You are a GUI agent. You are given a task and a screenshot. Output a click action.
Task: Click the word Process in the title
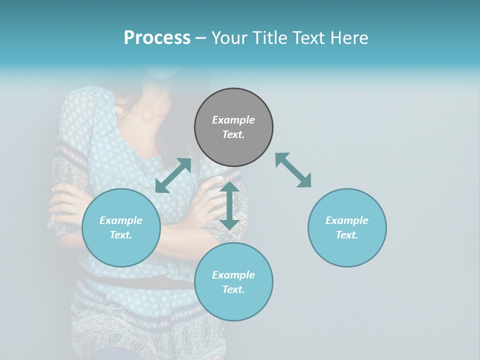(157, 38)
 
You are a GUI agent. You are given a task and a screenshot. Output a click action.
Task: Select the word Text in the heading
(308, 38)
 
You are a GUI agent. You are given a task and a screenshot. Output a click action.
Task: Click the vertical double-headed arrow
(229, 205)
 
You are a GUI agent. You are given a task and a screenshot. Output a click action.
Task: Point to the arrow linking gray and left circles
(173, 175)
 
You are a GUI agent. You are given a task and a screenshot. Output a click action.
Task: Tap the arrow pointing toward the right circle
(293, 170)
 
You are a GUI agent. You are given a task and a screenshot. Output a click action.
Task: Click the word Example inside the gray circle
(233, 120)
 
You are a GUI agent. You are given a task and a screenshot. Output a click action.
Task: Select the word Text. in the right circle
(347, 235)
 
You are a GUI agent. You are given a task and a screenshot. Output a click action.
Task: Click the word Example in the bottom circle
(233, 275)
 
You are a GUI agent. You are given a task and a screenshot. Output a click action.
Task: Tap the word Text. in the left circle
(121, 235)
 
